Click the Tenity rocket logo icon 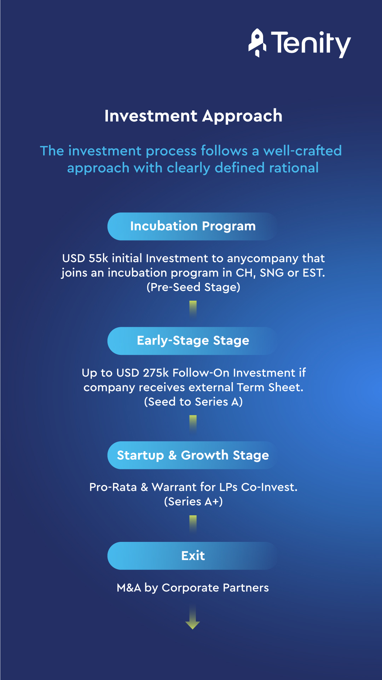(257, 42)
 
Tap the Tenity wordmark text (311, 44)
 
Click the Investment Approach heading (193, 116)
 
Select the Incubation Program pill (193, 226)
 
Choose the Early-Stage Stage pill (193, 341)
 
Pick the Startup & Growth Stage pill (193, 455)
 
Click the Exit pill (193, 556)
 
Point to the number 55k (98, 258)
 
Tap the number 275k (156, 373)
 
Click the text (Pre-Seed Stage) (193, 287)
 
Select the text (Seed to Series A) (193, 402)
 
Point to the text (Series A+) (193, 501)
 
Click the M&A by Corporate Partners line (193, 588)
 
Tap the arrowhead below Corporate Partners (193, 625)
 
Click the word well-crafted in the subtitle (302, 151)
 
